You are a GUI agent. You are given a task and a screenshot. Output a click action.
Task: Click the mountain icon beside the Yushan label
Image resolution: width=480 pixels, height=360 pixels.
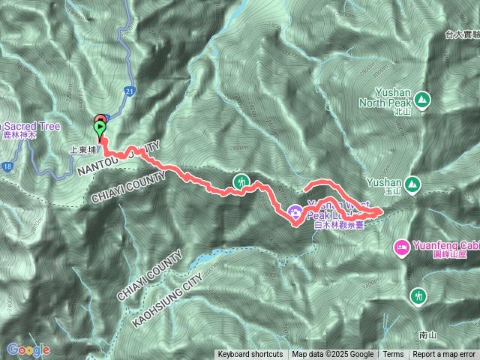411,183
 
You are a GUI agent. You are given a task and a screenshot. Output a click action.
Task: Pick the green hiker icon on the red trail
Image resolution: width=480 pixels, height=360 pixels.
241,181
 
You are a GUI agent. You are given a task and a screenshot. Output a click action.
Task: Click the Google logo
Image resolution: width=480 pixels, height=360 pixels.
28,349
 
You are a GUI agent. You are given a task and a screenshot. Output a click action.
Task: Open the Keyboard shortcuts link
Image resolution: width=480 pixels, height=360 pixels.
250,355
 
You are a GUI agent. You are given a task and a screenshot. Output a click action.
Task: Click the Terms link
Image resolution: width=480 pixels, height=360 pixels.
393,355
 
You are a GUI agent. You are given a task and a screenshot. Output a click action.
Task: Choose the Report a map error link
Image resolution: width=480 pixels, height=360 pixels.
444,355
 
